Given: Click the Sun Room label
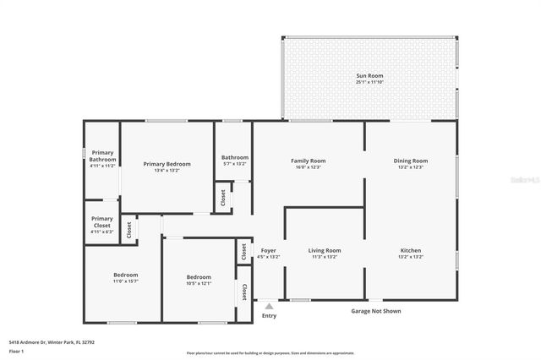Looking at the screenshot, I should tap(369, 75).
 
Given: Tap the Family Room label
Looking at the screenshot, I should tap(308, 161).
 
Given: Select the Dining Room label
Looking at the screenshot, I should tap(411, 161).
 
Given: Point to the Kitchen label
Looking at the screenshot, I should tap(411, 250).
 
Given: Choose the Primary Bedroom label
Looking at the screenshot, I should tap(167, 164).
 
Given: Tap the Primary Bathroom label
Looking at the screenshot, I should tap(102, 155).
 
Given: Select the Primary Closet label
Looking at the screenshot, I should tap(101, 222).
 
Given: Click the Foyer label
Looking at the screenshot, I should tap(268, 250).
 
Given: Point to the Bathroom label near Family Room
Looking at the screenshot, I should tap(234, 157).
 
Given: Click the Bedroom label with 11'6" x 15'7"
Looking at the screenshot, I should tap(126, 275).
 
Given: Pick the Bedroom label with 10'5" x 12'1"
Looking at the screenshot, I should tap(199, 277).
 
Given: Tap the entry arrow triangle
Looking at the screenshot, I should tap(269, 306).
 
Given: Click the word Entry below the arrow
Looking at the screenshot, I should tap(269, 316).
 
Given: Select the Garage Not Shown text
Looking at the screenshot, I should tap(375, 311).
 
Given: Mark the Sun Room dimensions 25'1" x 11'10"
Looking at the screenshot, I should tap(369, 82).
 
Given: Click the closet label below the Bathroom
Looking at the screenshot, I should tap(223, 198).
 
